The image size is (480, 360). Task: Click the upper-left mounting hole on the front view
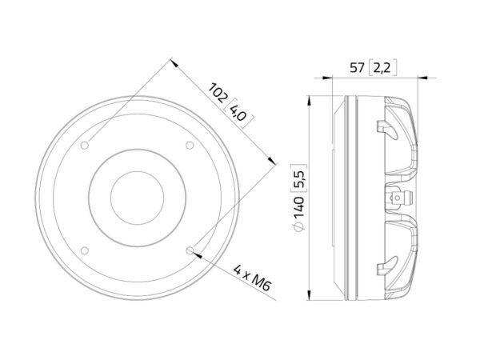[86, 145]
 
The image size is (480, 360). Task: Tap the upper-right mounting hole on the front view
[190, 145]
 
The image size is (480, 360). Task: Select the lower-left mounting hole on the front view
[86, 250]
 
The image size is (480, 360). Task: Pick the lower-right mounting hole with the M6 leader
[190, 250]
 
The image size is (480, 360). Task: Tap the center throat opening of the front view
[138, 197]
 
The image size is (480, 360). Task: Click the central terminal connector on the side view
[398, 197]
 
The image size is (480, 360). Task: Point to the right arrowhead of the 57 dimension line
[422, 78]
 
